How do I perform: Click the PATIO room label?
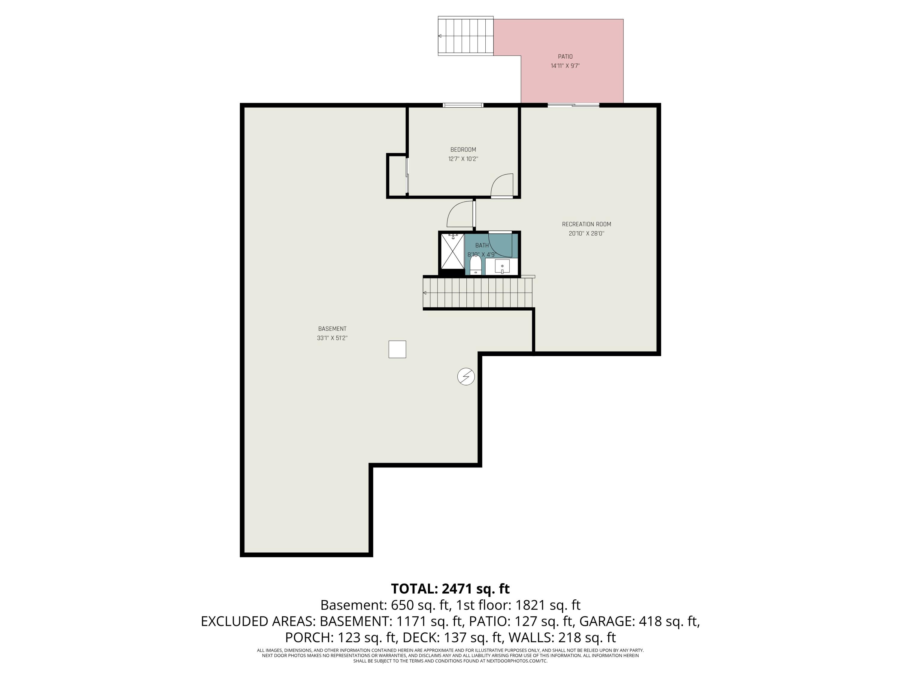tap(565, 57)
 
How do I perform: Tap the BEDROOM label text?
tap(463, 150)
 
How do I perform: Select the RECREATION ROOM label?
tap(587, 224)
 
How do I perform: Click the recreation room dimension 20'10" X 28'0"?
tap(587, 233)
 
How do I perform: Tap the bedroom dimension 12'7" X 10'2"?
tap(463, 159)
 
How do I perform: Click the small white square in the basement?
tap(397, 349)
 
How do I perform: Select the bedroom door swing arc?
tap(502, 185)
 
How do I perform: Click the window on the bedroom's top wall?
tap(463, 105)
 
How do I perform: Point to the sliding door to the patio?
tap(573, 105)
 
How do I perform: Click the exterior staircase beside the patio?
tap(466, 36)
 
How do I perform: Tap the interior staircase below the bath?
tap(478, 293)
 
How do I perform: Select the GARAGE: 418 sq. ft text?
tap(639, 621)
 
